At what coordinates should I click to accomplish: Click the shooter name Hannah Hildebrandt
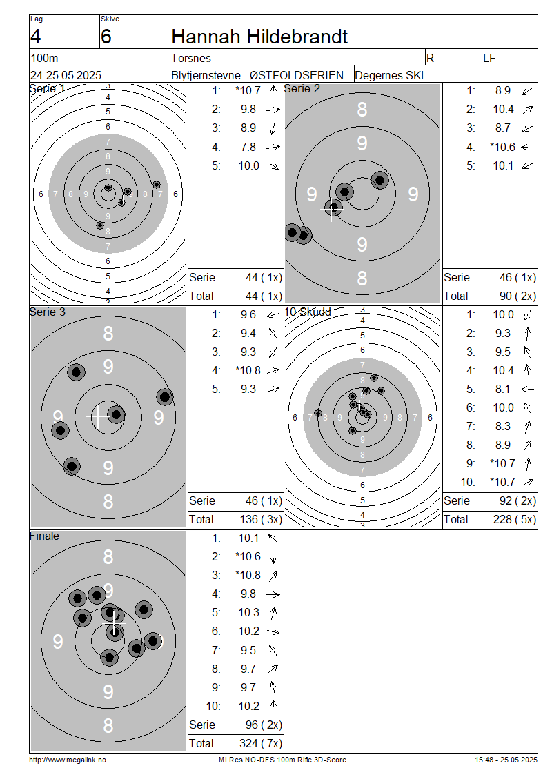click(259, 37)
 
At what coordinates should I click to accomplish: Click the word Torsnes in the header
click(191, 58)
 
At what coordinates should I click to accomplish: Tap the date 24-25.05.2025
click(66, 75)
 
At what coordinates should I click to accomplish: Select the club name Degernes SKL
click(391, 75)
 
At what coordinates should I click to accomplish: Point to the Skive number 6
click(106, 37)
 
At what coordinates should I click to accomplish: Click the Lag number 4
click(35, 37)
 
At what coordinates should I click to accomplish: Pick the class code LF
click(489, 58)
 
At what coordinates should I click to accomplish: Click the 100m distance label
click(44, 58)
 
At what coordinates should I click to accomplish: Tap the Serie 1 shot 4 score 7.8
click(248, 147)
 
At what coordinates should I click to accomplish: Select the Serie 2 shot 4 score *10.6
click(502, 147)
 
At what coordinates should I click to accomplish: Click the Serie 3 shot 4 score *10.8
click(248, 370)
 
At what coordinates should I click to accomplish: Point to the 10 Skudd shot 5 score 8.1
click(503, 389)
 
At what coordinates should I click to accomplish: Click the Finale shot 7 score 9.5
click(248, 650)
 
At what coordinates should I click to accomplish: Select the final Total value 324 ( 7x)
click(261, 743)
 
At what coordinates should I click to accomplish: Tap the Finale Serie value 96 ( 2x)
click(264, 725)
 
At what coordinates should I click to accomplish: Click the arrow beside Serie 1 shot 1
click(273, 91)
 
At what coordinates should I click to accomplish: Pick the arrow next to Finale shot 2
click(273, 557)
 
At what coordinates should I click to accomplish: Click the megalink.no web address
click(68, 760)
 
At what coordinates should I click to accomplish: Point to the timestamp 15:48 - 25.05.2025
click(506, 760)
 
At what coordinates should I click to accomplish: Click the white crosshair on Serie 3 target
click(99, 416)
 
